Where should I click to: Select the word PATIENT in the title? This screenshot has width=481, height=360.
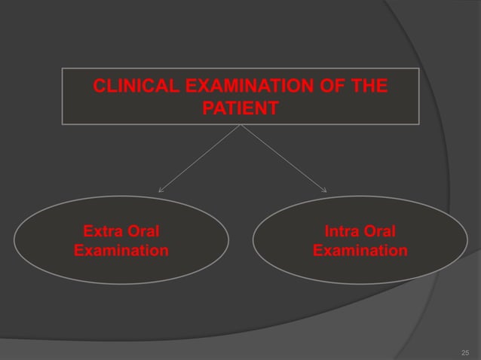[240, 110]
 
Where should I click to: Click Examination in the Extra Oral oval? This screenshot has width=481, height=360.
[121, 249]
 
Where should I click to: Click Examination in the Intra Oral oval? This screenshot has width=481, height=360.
[360, 249]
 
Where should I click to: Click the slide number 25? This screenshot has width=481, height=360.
[464, 352]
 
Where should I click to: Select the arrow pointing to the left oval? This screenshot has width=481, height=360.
[200, 158]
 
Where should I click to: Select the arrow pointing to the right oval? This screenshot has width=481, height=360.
[283, 158]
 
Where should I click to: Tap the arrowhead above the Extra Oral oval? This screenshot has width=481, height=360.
[160, 191]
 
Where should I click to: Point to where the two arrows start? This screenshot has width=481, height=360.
[241, 125]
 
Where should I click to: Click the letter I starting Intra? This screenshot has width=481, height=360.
[326, 230]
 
